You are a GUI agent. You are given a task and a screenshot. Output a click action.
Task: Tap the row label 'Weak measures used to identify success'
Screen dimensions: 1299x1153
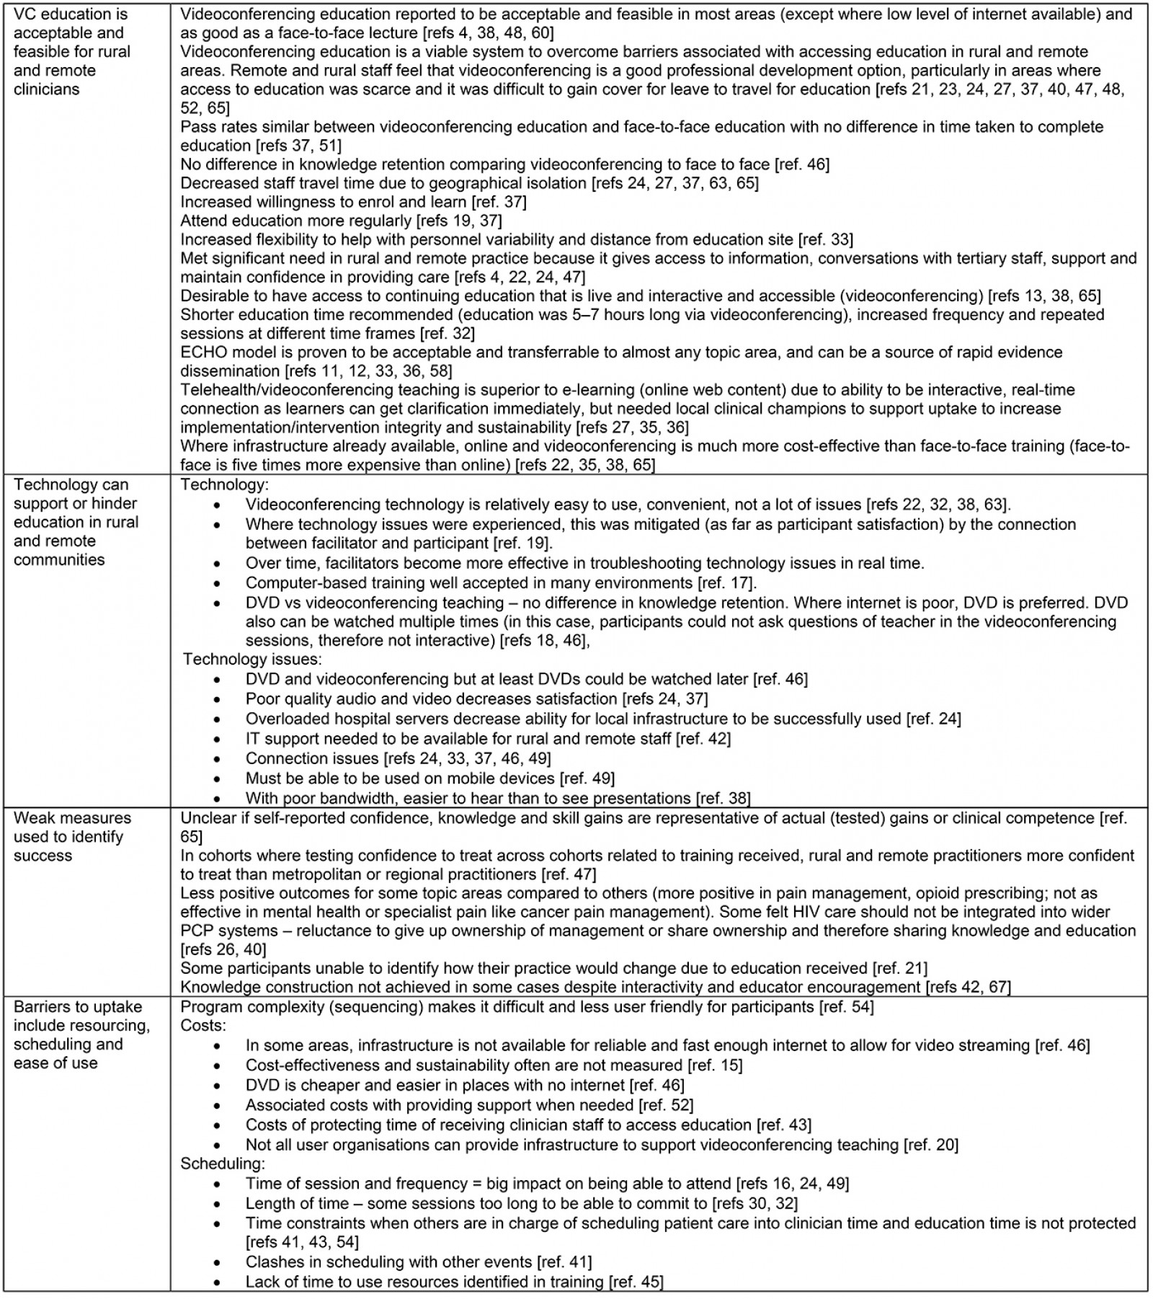pos(72,836)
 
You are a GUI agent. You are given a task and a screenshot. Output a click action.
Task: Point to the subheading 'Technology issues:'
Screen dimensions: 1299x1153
pos(252,659)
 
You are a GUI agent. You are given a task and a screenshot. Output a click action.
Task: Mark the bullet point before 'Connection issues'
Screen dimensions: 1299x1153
pos(218,759)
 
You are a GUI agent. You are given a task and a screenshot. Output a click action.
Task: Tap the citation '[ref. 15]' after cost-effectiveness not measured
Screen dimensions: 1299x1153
pos(715,1065)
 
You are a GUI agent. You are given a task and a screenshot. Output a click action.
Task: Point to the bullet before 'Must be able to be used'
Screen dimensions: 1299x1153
pos(218,779)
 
